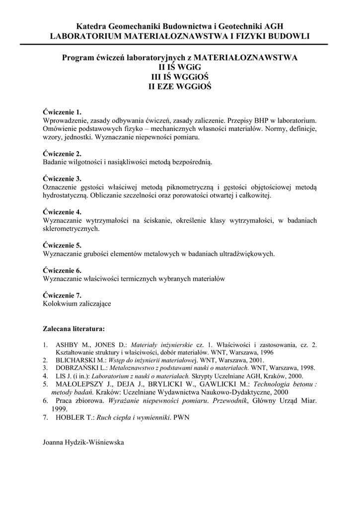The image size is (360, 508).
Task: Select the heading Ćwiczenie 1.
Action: coord(62,112)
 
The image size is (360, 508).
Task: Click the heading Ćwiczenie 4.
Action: coord(62,212)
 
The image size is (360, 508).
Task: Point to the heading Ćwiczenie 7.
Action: coord(62,295)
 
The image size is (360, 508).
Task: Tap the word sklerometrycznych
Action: coord(72,229)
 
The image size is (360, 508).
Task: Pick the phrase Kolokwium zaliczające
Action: coord(77,304)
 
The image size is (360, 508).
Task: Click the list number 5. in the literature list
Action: coord(45,384)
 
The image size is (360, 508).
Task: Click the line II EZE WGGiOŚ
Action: coord(180,86)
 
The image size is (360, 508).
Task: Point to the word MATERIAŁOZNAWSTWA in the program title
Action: coord(245,58)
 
